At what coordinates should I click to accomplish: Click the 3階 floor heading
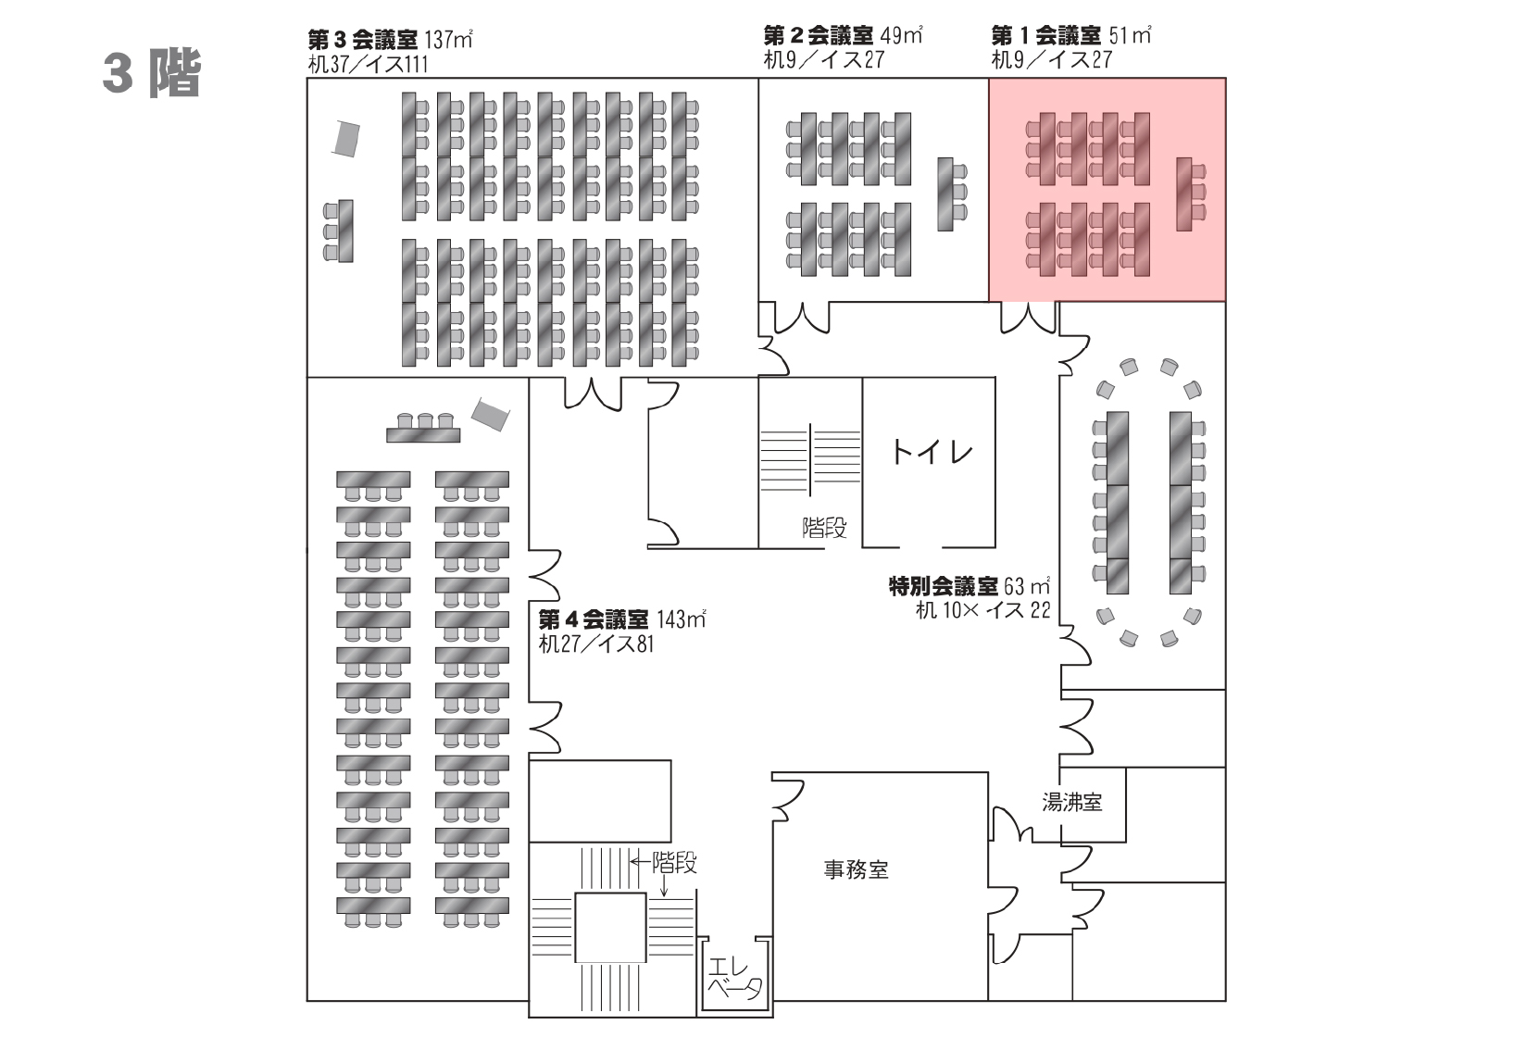tap(152, 73)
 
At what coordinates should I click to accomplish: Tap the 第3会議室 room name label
tap(362, 40)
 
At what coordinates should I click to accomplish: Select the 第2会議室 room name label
tap(819, 36)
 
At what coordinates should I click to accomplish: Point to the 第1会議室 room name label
tap(1045, 36)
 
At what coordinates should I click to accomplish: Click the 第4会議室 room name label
tap(593, 619)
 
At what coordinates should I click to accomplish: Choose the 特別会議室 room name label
tap(943, 586)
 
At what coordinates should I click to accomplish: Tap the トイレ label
tap(932, 451)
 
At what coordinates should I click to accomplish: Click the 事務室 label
tap(856, 869)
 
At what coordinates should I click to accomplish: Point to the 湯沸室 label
tap(1071, 802)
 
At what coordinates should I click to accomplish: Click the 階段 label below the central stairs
tap(824, 528)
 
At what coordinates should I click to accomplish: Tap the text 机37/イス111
tap(368, 65)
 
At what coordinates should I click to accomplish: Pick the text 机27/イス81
tap(596, 644)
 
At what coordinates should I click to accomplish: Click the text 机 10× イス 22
tap(982, 610)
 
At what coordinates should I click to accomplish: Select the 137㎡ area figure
tap(449, 40)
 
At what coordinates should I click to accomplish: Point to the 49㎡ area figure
tap(901, 36)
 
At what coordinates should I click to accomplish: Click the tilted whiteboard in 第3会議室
tap(346, 138)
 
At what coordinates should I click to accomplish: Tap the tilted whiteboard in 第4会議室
tap(490, 414)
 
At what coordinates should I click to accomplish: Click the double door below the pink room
tap(1027, 317)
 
